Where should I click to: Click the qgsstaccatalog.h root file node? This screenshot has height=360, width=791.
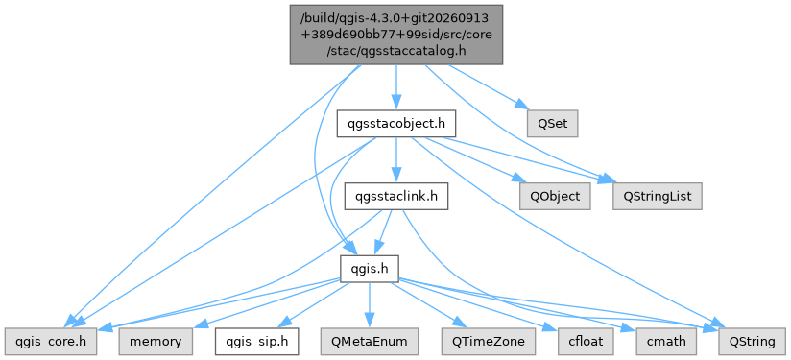(396, 35)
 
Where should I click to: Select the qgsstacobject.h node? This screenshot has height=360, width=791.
(396, 124)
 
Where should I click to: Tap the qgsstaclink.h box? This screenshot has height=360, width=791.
(396, 197)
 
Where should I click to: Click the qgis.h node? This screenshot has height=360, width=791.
(370, 269)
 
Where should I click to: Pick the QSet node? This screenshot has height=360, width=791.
(553, 124)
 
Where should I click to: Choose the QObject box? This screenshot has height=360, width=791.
(556, 197)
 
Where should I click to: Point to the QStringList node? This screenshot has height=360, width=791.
(658, 197)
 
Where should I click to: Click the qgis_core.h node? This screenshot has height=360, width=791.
(51, 342)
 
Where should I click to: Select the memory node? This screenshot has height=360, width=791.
(156, 342)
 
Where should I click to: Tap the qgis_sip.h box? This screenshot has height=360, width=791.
(256, 342)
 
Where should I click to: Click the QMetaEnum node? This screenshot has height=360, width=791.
(370, 342)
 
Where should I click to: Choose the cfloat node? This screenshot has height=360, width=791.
(587, 342)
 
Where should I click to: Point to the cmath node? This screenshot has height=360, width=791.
(666, 342)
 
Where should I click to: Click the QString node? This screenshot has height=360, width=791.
(753, 342)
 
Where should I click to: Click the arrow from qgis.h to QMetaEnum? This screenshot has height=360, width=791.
(370, 305)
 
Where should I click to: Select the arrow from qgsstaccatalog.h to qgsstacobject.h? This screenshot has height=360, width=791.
(396, 87)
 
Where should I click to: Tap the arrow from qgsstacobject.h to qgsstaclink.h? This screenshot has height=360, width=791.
(396, 160)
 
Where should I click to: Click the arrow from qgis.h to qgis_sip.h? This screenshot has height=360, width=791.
(313, 305)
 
